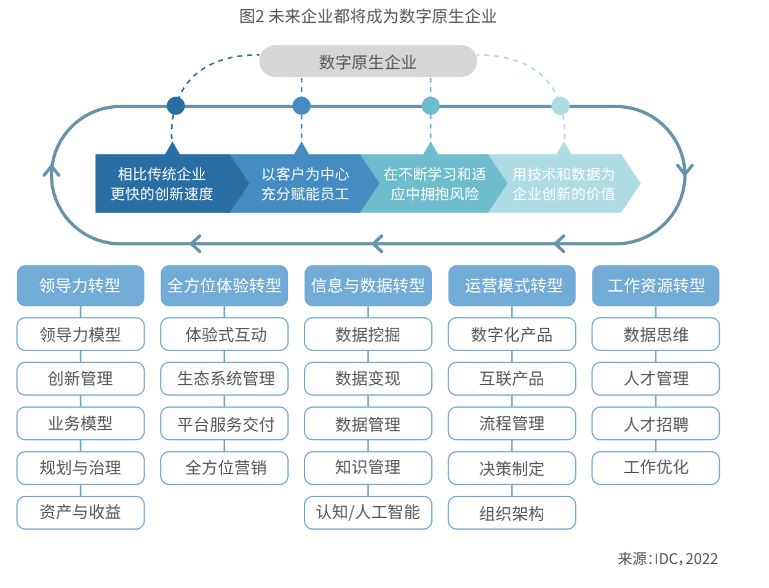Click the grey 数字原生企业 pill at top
coord(368,62)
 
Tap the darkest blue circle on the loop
coord(175,106)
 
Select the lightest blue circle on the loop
coord(560,106)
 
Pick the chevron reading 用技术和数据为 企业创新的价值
coord(563,184)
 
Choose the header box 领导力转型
coord(81,285)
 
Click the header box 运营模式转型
coord(512,285)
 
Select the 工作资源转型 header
coord(656,285)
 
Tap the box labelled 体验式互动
coord(225,335)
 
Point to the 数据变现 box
coord(368,379)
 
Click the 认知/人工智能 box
coord(368,512)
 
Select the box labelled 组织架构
coord(512,513)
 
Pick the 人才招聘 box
coord(656,424)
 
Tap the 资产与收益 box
coord(81,512)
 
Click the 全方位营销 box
coord(225,468)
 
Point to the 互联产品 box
coord(512,379)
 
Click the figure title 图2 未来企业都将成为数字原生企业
coord(367,16)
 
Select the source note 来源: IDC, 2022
coord(667,558)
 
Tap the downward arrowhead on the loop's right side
coord(685,170)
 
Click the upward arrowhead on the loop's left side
coord(52,170)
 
